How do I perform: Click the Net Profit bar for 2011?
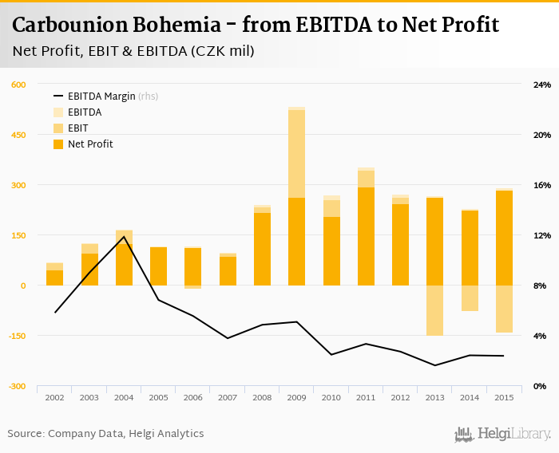pos(366,236)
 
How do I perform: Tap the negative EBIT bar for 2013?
pos(434,310)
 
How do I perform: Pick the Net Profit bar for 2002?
pos(55,278)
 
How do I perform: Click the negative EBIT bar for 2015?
pos(503,309)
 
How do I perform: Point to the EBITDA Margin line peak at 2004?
pos(124,237)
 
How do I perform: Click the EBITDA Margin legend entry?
pos(101,97)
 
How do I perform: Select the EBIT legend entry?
pos(78,128)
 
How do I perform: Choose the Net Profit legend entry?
pos(90,144)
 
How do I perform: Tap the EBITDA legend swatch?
pos(58,112)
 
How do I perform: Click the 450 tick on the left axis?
pos(18,135)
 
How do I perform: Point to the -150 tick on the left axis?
pos(17,336)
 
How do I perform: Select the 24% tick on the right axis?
pos(542,85)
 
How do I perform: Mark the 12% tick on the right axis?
pos(542,235)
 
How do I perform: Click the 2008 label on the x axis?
pos(262,397)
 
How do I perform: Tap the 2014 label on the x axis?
pos(469,397)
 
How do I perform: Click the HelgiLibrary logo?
pos(502,434)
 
